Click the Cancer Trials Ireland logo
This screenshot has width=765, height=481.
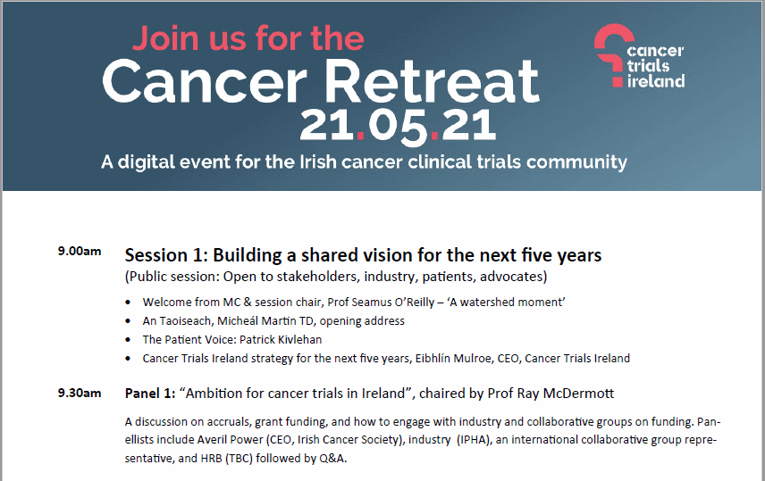click(x=639, y=56)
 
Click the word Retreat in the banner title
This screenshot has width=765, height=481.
click(x=432, y=81)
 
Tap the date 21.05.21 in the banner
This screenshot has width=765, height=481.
click(x=398, y=126)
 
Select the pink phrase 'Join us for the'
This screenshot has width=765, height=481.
click(x=248, y=38)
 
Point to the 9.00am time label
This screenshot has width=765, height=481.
click(x=80, y=252)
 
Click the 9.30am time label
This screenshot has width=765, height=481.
click(x=80, y=394)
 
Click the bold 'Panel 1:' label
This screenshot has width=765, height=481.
click(x=150, y=394)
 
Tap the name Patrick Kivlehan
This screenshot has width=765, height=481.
click(x=281, y=340)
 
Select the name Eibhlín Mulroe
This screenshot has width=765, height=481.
click(x=453, y=359)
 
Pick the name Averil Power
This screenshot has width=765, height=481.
click(x=231, y=440)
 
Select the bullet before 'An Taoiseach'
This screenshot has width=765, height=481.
click(x=128, y=321)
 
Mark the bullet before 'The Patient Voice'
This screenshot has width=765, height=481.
click(x=128, y=340)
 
